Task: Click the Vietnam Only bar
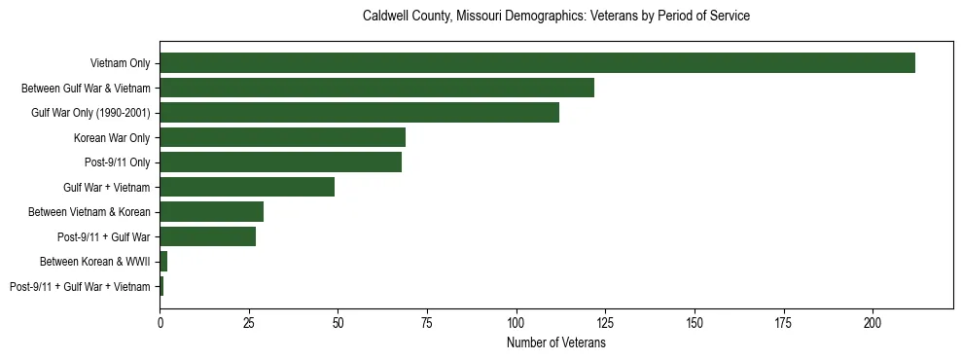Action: point(537,63)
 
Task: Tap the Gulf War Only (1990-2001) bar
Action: point(359,113)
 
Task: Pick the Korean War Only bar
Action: point(282,137)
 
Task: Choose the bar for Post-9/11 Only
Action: point(280,162)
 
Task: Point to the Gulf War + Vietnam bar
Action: point(247,187)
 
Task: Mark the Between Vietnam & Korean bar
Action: point(211,212)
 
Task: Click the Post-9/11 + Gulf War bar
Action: point(207,236)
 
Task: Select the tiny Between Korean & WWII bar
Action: point(163,262)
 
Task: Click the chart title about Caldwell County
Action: point(555,17)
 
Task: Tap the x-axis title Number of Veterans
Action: point(555,342)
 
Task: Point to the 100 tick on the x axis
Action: point(517,322)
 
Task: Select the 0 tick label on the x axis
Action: point(160,322)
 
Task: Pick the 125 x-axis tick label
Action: point(605,322)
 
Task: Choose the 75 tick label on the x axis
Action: point(427,322)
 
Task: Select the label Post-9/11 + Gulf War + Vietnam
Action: point(80,287)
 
